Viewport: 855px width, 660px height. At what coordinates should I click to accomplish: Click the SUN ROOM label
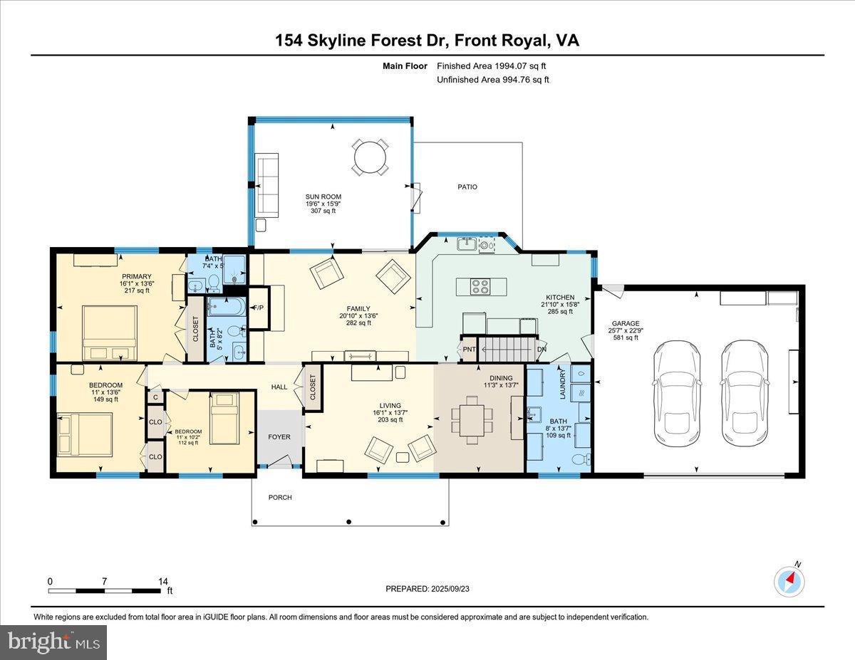click(x=323, y=197)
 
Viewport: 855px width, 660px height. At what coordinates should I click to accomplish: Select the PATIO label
click(x=467, y=187)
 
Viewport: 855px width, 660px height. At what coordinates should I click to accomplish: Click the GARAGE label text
click(x=627, y=323)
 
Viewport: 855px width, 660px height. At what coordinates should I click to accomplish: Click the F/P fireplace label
click(x=257, y=308)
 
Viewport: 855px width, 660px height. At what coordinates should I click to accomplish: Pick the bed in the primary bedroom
click(x=110, y=333)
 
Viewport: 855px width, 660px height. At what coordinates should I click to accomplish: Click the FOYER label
click(x=279, y=436)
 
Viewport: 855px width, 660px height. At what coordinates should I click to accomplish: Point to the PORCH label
click(x=280, y=497)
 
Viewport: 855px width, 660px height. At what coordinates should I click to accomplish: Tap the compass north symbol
click(x=789, y=580)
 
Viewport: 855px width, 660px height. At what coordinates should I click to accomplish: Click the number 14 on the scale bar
click(x=163, y=581)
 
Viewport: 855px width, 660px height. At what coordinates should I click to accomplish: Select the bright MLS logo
click(x=53, y=642)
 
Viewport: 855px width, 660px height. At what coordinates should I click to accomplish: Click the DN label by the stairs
click(x=541, y=350)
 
